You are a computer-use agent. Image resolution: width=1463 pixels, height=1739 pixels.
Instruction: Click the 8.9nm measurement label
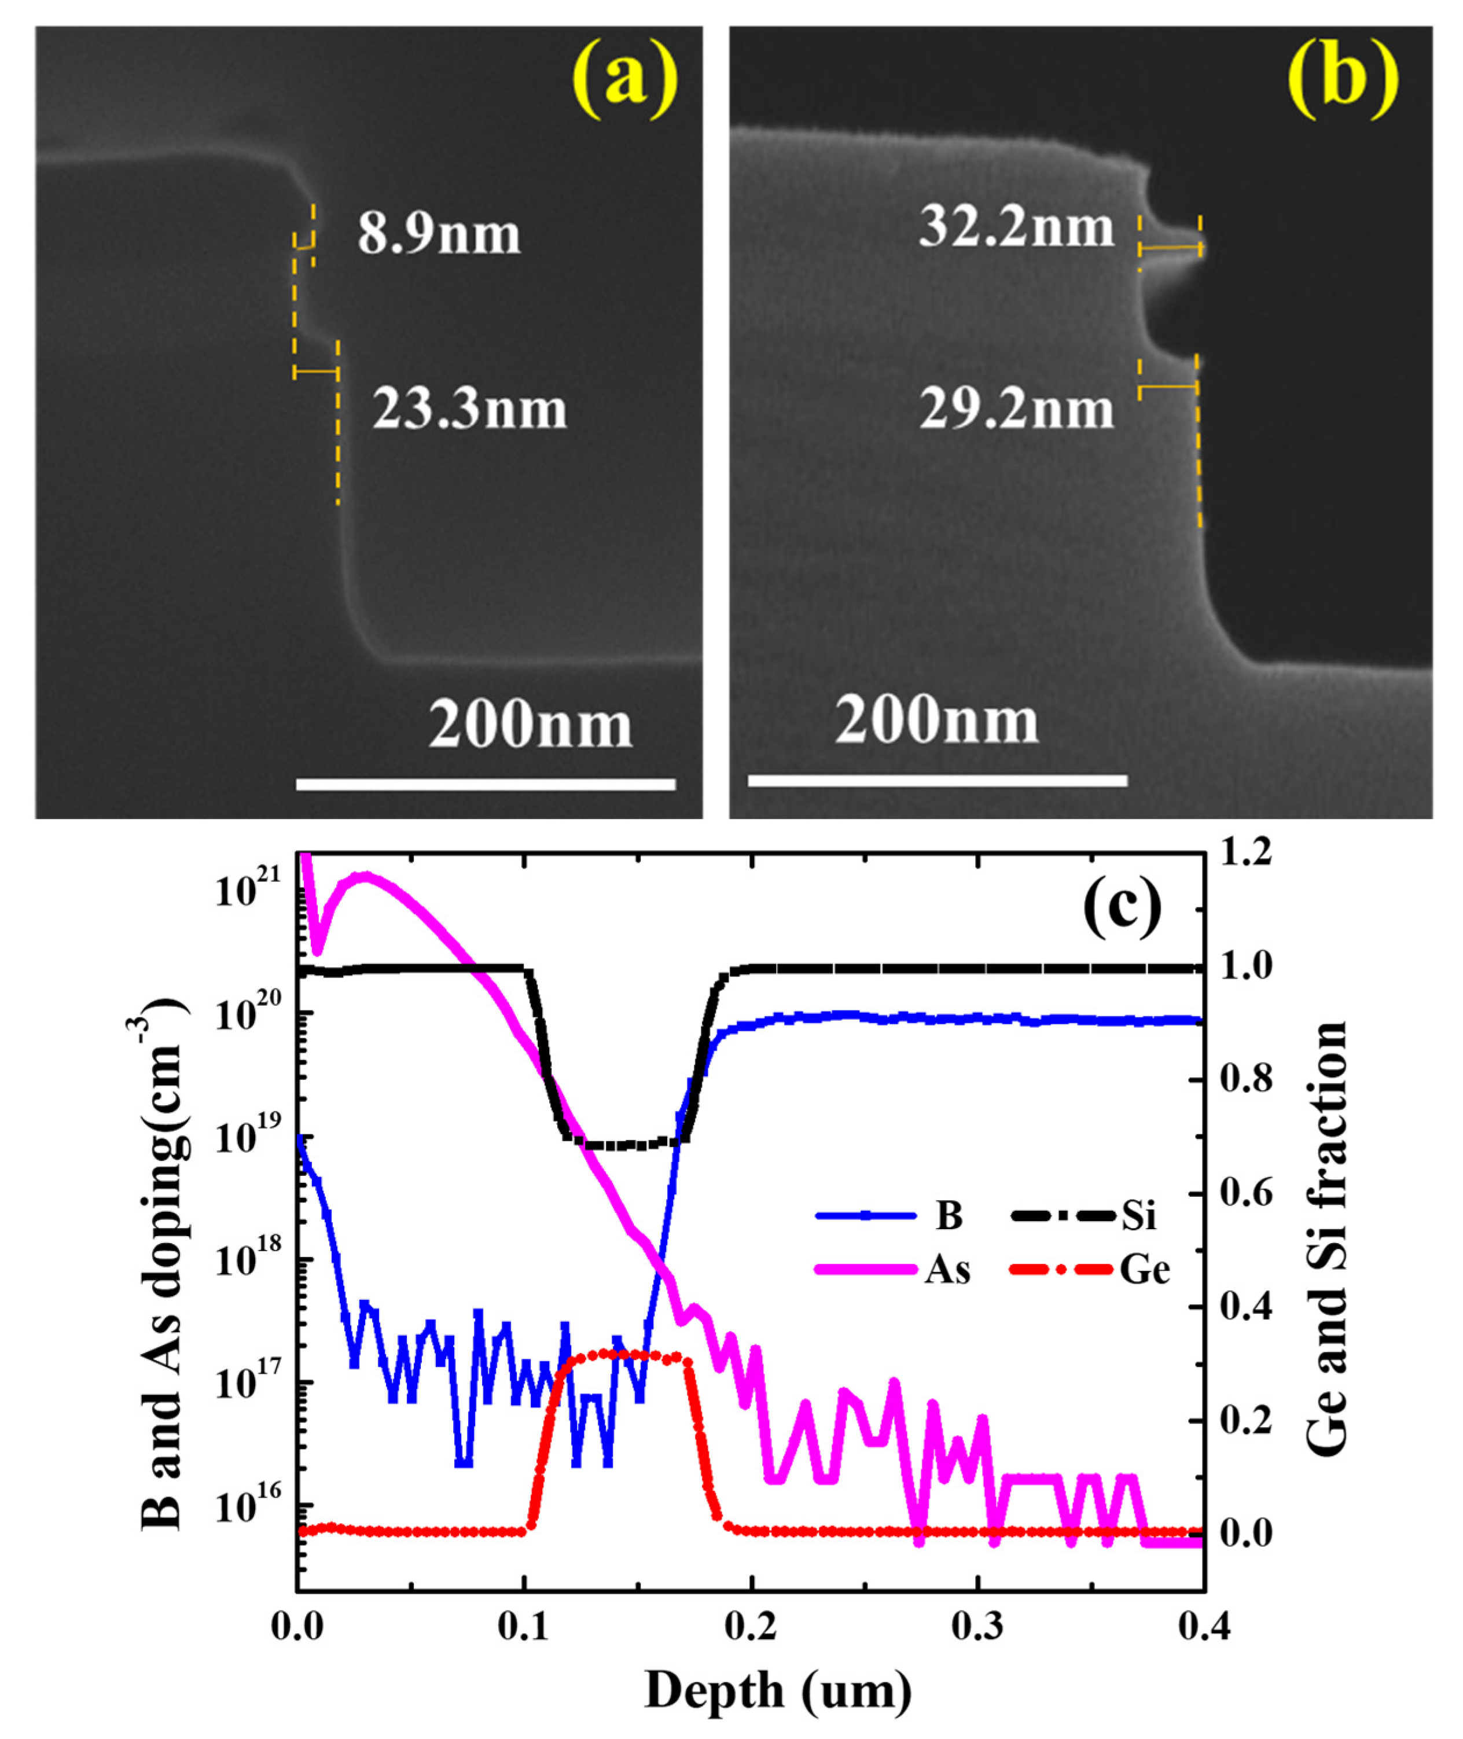439,235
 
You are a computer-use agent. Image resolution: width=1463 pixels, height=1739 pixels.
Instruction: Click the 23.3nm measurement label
469,410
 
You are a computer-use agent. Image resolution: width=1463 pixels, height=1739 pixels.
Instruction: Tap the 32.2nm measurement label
1016,227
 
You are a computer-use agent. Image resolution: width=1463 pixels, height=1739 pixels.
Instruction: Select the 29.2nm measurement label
1016,410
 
